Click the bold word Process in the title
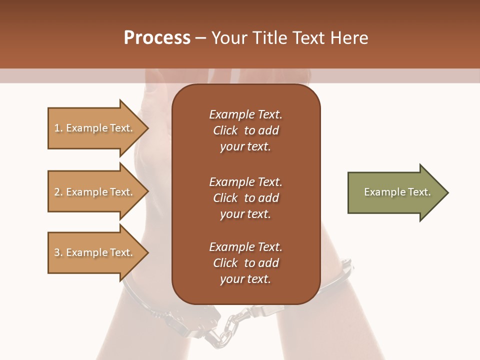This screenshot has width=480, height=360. tap(157, 38)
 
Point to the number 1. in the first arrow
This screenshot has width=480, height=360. tap(58, 128)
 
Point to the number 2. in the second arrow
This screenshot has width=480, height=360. tap(58, 192)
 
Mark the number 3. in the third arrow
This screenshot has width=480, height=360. tap(58, 252)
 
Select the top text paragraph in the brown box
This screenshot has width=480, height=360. tap(245, 130)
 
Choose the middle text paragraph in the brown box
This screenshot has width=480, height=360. tap(245, 198)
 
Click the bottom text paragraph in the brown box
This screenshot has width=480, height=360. tap(245, 263)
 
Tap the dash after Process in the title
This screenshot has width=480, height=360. tap(200, 38)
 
